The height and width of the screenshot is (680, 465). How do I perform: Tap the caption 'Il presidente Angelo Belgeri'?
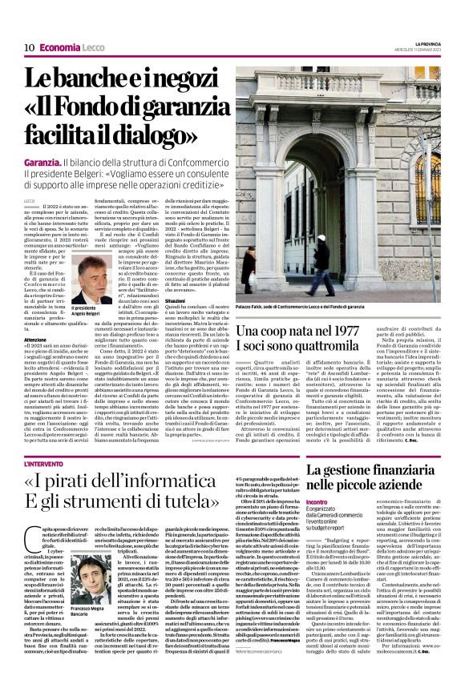coord(85,311)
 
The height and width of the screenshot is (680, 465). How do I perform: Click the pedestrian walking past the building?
coord(323,264)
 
